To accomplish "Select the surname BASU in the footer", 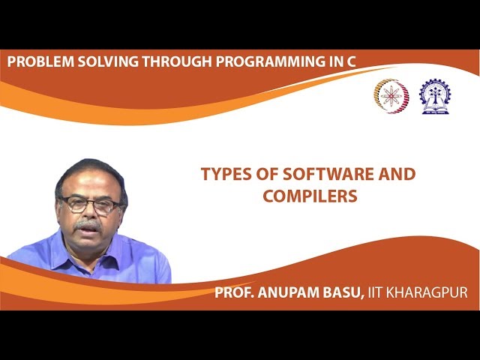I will click(x=344, y=292).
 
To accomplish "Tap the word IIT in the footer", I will click(x=377, y=292).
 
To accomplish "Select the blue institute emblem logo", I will click(x=435, y=96).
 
